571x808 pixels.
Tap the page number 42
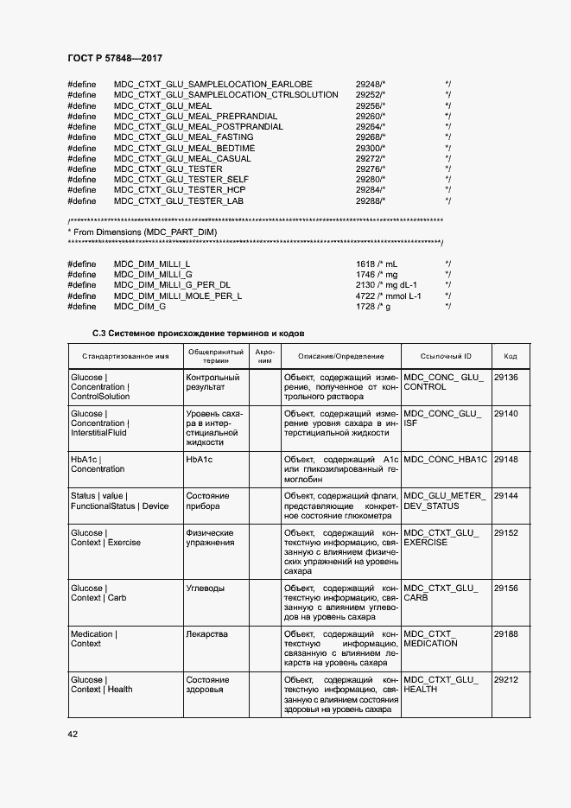[x=73, y=734]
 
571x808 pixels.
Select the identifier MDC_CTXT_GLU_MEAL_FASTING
[x=183, y=137]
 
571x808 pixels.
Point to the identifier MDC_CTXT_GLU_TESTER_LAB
[x=178, y=200]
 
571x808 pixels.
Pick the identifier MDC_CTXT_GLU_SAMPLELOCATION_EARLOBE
[x=213, y=85]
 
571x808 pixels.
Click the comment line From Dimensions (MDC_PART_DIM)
[x=142, y=232]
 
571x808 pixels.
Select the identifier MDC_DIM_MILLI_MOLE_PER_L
[x=177, y=296]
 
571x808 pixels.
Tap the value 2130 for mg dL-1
[x=366, y=285]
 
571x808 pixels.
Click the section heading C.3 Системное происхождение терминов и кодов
[x=198, y=333]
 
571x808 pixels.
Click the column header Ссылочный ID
[x=445, y=356]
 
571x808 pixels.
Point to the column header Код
[x=510, y=356]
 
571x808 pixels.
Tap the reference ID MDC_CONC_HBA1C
[x=445, y=460]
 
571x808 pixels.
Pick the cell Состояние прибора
[x=207, y=501]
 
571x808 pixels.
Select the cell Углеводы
[x=205, y=588]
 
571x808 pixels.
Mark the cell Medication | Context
[x=93, y=639]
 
